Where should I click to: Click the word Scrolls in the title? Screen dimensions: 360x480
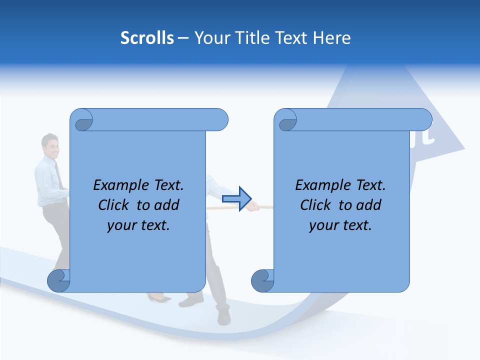tap(147, 38)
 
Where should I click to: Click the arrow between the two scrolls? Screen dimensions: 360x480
tap(236, 199)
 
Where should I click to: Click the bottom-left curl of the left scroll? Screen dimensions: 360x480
tap(58, 280)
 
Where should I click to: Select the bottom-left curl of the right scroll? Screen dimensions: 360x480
tap(262, 280)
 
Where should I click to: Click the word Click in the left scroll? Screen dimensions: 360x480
tap(114, 205)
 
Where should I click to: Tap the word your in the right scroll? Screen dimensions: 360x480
tap(322, 225)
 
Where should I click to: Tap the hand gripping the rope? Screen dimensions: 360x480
tap(254, 205)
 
